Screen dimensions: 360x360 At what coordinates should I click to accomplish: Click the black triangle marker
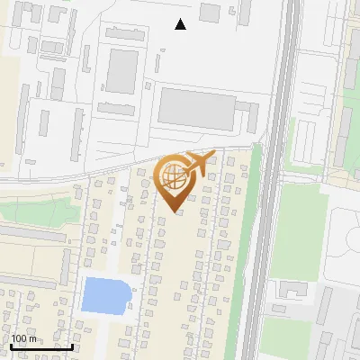[181, 24]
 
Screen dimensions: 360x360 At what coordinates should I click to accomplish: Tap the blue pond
[105, 294]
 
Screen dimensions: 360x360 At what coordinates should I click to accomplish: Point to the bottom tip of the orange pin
[174, 212]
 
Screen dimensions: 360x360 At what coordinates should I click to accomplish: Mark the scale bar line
[41, 346]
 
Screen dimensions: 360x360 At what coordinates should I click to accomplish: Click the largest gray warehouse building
[197, 109]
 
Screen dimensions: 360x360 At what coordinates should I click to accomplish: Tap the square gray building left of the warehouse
[123, 69]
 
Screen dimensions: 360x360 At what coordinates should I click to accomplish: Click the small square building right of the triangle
[210, 13]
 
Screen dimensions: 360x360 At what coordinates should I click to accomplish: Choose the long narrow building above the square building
[125, 33]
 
